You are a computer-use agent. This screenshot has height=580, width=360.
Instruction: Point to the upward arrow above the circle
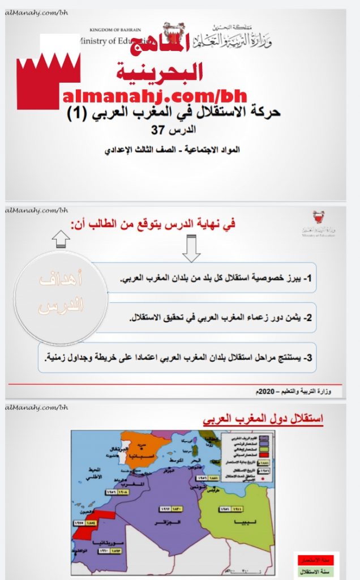click(x=61, y=237)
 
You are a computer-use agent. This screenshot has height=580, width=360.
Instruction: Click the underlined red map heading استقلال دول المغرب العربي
click(x=263, y=420)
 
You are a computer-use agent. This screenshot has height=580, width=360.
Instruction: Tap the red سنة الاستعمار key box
click(x=316, y=559)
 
